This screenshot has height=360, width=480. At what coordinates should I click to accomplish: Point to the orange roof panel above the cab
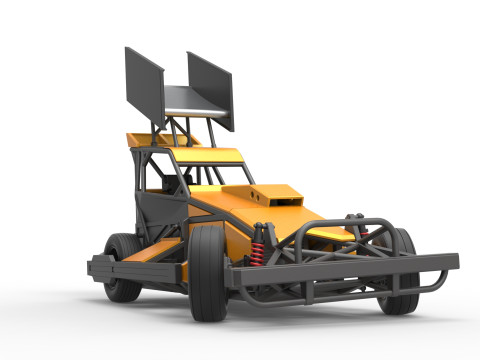coord(206,155)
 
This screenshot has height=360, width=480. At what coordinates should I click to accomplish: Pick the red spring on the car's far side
coord(362,232)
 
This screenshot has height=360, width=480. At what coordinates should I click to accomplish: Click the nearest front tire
coord(208,272)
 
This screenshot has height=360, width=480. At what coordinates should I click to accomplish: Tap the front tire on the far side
coord(400,270)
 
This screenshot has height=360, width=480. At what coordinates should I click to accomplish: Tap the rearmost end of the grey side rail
coord(93,267)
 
